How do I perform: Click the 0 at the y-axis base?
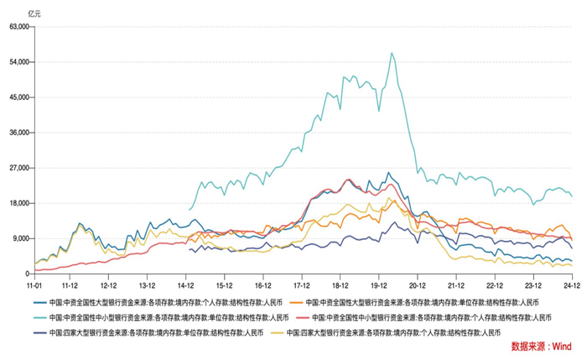point(28,274)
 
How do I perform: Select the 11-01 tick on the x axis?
point(34,285)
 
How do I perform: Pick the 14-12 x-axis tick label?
point(188,285)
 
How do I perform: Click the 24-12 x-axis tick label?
point(572,285)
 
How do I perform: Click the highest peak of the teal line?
point(392,54)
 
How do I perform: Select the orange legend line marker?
point(296,303)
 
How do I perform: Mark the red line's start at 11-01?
point(35,270)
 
